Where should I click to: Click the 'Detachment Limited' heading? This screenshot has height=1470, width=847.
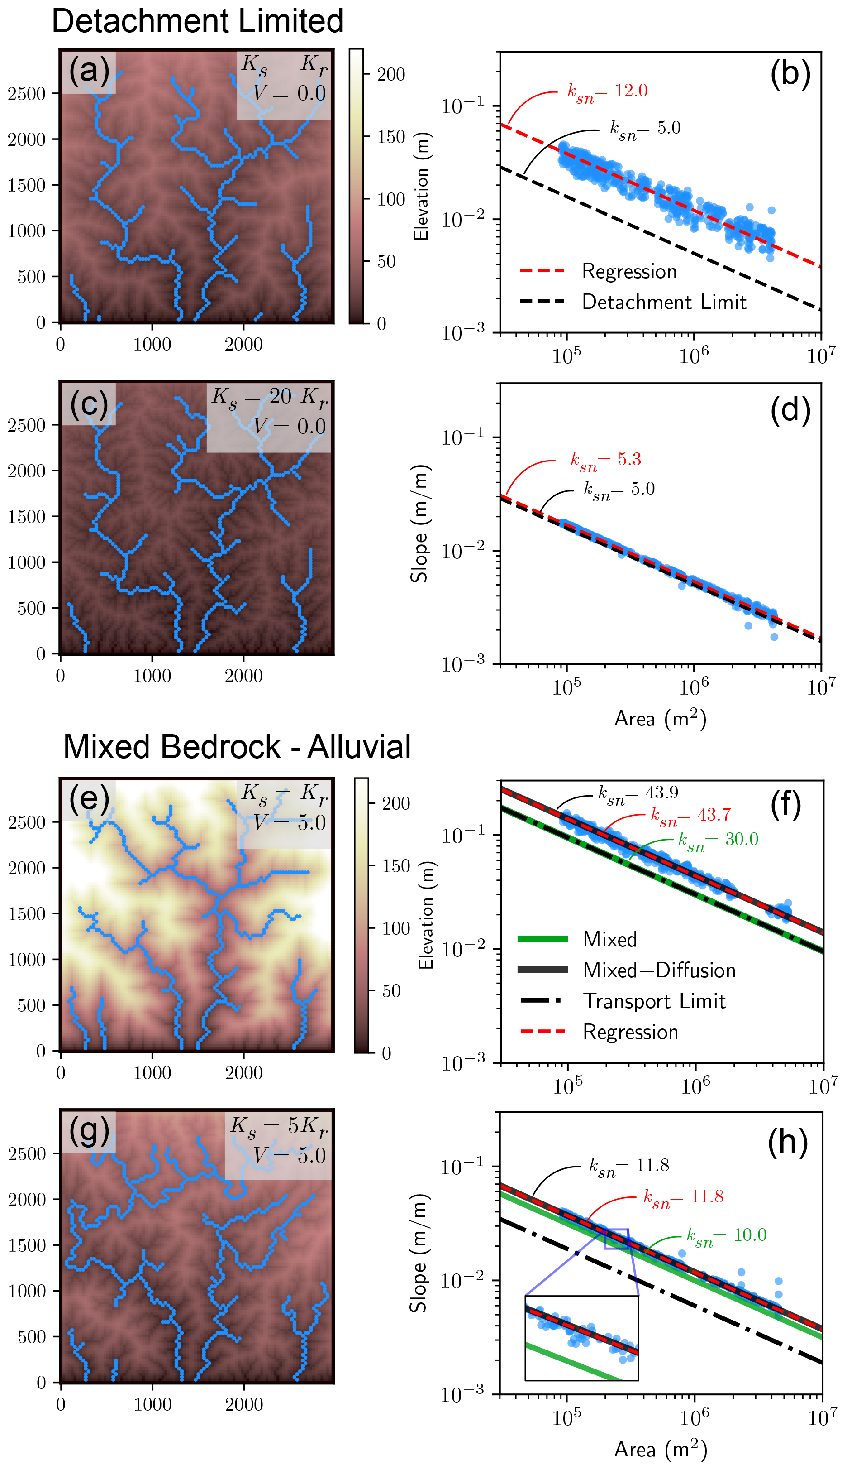[197, 22]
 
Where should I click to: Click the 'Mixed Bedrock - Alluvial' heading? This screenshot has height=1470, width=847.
[237, 747]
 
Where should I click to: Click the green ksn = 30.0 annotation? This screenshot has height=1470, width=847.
[719, 840]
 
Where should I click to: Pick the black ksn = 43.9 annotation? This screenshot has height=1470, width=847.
[638, 793]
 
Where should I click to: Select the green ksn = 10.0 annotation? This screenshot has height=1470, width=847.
[726, 1235]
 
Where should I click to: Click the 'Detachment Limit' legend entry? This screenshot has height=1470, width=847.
[664, 302]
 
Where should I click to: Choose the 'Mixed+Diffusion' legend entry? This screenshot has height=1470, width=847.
[659, 970]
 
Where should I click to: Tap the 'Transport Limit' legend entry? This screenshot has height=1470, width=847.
[654, 1001]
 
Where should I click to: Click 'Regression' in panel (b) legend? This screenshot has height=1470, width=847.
[629, 271]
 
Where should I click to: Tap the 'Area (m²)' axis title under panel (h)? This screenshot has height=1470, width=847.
[660, 1449]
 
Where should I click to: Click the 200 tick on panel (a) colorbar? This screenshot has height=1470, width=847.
[391, 75]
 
